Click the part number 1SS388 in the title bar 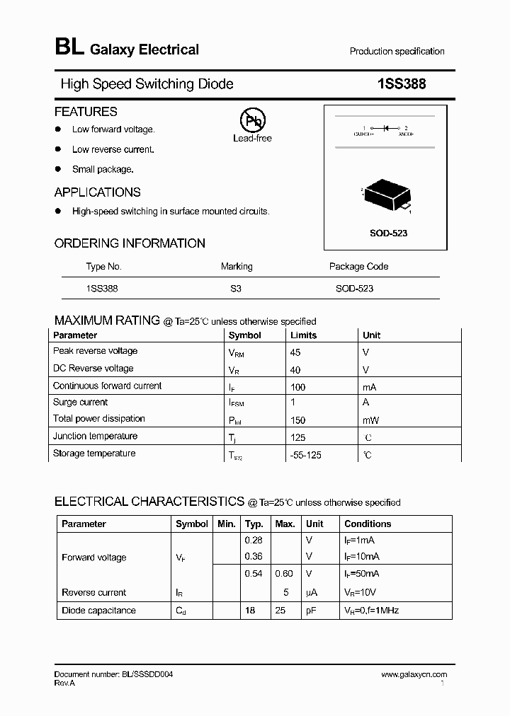point(401,84)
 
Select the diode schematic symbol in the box point(386,129)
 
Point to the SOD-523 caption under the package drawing point(389,233)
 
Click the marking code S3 point(236,289)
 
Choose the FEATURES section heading point(86,112)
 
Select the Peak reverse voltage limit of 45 point(295,352)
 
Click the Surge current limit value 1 point(293,402)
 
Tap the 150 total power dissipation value point(297,420)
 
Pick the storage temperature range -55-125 point(305,455)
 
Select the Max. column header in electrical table point(285,524)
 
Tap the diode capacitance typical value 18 point(250,610)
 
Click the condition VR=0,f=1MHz point(371,610)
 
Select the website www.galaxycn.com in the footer point(414,674)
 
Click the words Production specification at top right point(397,52)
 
